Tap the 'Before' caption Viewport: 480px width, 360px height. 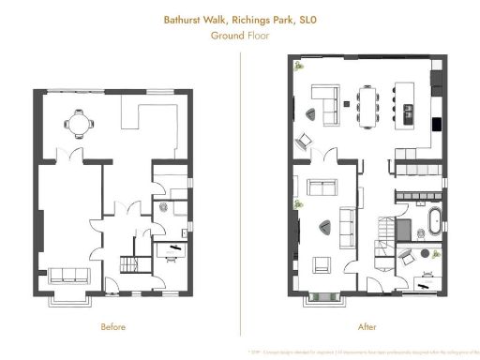113,327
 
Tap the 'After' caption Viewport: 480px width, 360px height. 367,327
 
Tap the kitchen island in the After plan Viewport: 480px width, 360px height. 409,102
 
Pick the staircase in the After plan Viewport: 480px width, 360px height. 384,229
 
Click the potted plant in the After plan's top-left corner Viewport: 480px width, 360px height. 298,67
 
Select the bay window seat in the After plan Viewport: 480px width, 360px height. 324,298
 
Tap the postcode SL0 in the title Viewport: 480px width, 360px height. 297,17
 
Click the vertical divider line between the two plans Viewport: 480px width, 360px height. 240,187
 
